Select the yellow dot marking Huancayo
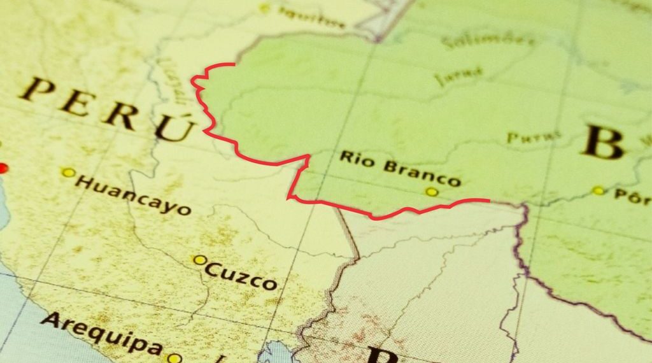point(67,173)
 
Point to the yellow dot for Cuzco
point(199,260)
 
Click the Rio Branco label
point(400,167)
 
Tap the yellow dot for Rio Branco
point(432,192)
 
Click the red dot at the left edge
point(3,168)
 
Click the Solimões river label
point(490,41)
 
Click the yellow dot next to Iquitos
point(265,8)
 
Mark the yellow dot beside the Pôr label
point(598,190)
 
